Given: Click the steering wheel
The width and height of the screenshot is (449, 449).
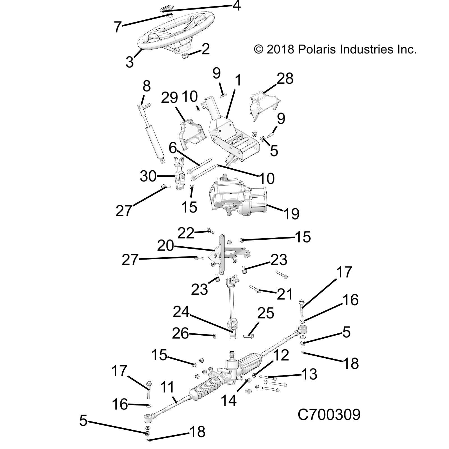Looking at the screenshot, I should [176, 32].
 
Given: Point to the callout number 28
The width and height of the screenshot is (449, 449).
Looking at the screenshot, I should [285, 79].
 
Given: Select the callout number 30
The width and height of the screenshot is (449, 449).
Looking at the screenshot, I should [148, 177].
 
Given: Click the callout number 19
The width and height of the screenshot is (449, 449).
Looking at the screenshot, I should [291, 214].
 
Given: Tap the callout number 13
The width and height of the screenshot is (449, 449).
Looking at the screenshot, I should [309, 374].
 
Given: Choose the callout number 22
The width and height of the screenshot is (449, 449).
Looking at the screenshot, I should [186, 233].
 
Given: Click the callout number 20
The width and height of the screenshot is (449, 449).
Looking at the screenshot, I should [166, 246].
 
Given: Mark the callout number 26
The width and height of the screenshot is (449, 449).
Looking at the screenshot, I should [180, 334].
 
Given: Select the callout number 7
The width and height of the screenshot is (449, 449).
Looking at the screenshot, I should [118, 27].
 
